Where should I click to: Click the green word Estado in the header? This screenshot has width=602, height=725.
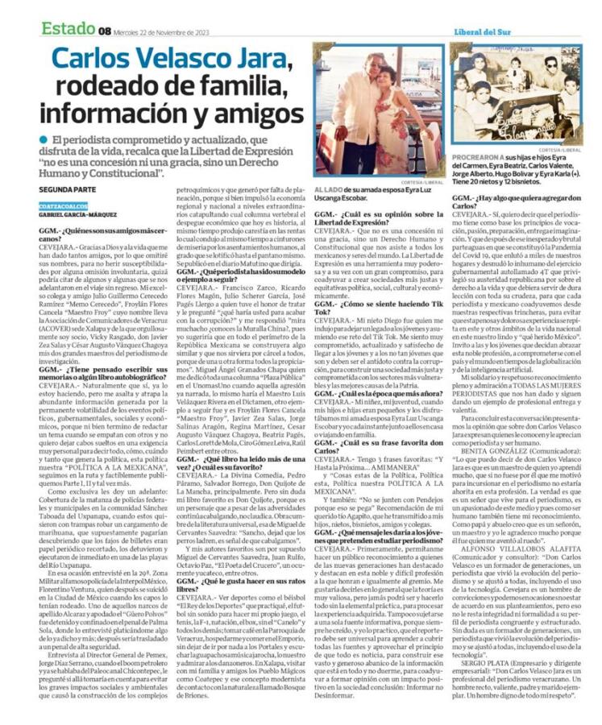tap(69, 29)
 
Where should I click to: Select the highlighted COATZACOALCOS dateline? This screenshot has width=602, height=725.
tap(64, 206)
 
